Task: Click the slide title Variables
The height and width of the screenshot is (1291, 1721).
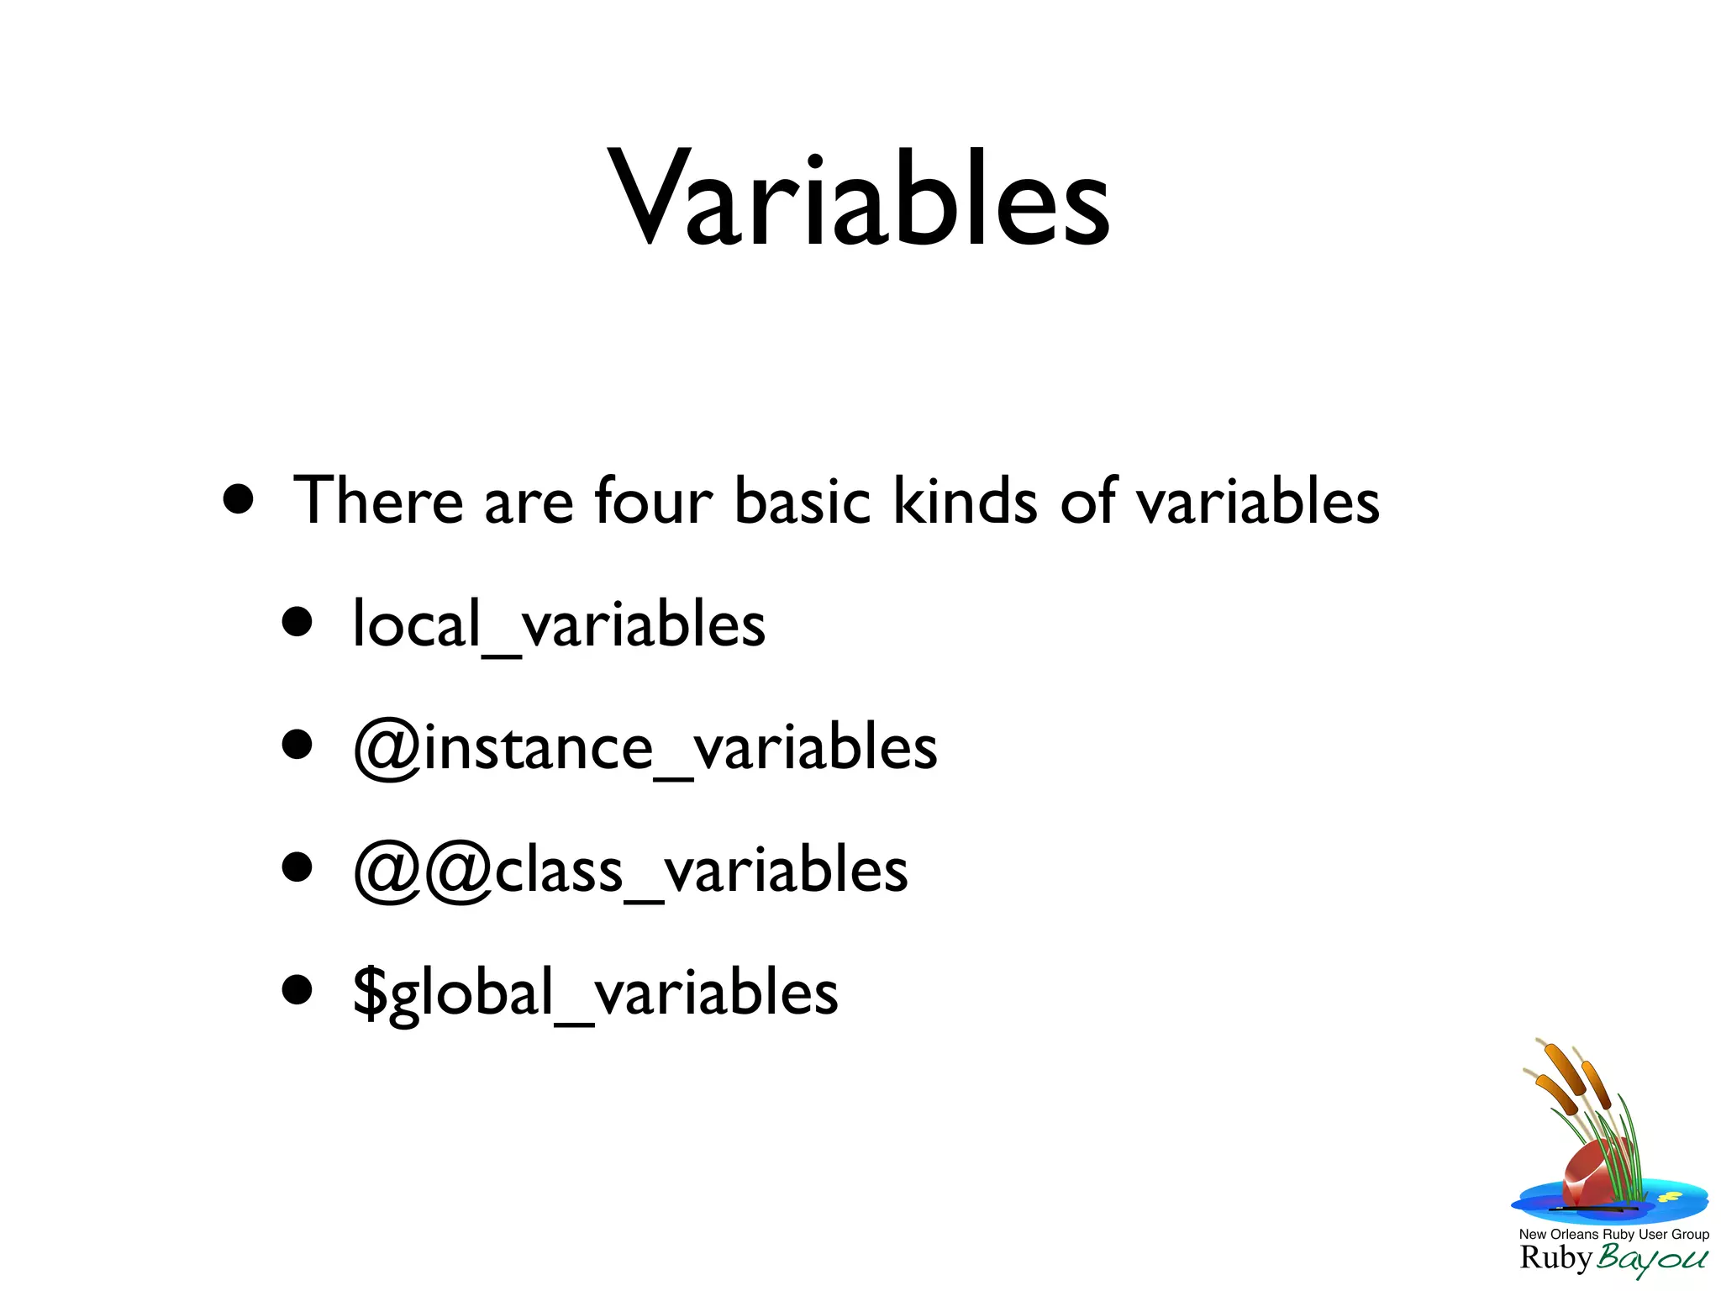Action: click(859, 199)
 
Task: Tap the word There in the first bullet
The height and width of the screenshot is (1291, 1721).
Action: click(378, 501)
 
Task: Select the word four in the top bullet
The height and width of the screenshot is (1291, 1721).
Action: click(653, 501)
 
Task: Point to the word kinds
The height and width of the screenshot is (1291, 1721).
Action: click(952, 501)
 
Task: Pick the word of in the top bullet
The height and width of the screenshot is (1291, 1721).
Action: click(1087, 501)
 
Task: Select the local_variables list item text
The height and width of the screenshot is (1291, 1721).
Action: click(559, 625)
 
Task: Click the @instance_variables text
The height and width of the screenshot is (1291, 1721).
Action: click(645, 748)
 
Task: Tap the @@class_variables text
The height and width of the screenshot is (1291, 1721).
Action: click(630, 871)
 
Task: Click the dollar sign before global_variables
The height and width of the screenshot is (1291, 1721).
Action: click(369, 993)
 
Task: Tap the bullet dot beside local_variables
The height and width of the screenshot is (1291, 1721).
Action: click(297, 623)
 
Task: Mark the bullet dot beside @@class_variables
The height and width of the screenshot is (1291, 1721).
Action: click(297, 867)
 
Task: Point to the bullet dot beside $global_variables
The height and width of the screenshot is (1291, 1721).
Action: click(297, 990)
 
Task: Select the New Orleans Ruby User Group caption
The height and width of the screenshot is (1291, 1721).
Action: click(1613, 1234)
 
